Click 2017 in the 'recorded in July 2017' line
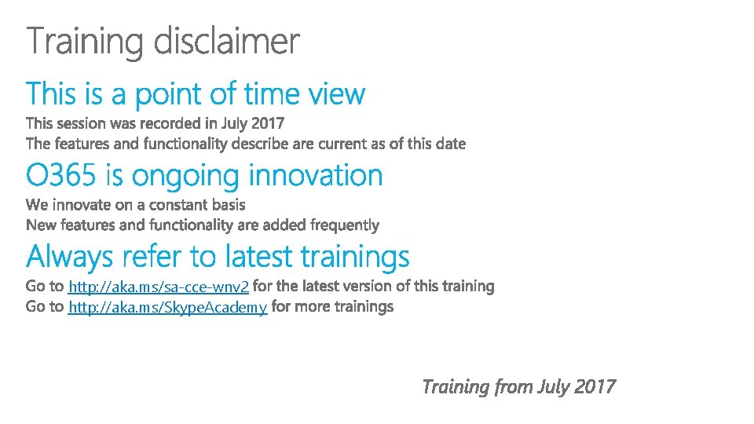coord(268,123)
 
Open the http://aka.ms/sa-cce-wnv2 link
coord(159,287)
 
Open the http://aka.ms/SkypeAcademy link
coord(168,307)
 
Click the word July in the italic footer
coord(555,387)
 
